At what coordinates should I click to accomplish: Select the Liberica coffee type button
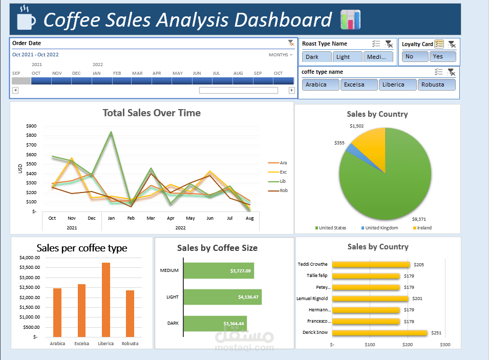[x=393, y=84]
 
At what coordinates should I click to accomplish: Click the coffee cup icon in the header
[x=26, y=19]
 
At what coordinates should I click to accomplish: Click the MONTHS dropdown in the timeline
[x=281, y=55]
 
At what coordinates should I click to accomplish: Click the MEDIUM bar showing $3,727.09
[x=219, y=270]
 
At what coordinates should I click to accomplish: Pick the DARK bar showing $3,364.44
[x=215, y=323]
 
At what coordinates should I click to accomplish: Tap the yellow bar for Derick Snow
[x=379, y=333]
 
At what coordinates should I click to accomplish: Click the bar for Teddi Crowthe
[x=371, y=264]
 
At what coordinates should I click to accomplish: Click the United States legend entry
[x=332, y=228]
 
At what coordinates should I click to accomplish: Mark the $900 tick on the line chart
[x=31, y=125]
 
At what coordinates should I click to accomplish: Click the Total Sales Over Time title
[x=152, y=113]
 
